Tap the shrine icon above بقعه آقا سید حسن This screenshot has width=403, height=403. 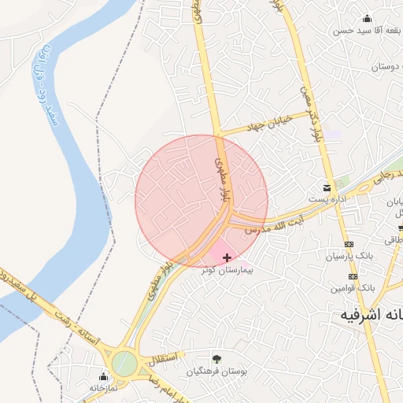point(367,18)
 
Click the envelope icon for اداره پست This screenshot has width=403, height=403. point(326,187)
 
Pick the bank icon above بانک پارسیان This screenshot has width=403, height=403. point(350,243)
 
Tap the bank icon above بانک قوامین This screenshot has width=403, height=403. point(353,276)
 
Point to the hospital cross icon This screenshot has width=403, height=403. point(227,257)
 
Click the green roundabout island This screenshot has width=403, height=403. point(124,363)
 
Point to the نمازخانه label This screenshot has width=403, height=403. point(103,387)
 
